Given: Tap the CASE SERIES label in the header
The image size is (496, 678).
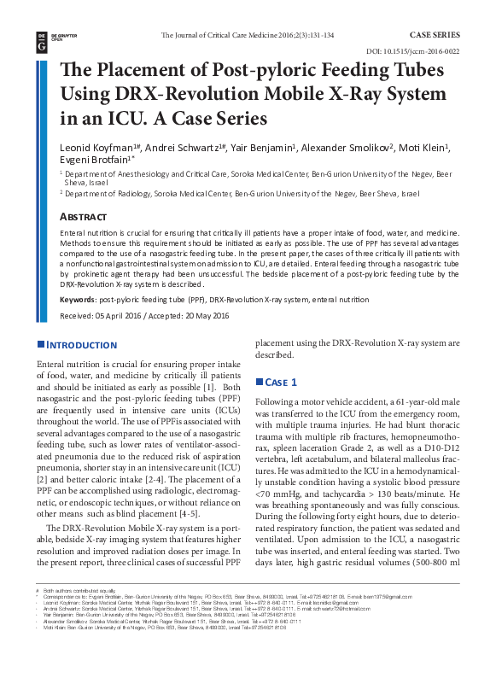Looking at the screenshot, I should pyautogui.click(x=435, y=35).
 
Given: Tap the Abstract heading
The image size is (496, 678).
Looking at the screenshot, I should pyautogui.click(x=84, y=218).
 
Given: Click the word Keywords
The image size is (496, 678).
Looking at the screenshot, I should pyautogui.click(x=78, y=300).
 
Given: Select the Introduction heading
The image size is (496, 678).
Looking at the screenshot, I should pyautogui.click(x=81, y=345).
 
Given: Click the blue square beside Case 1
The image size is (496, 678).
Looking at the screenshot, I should pyautogui.click(x=260, y=381).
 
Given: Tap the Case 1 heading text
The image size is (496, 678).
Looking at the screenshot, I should pyautogui.click(x=281, y=382).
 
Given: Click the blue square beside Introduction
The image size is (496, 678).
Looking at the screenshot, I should pyautogui.click(x=40, y=345).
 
